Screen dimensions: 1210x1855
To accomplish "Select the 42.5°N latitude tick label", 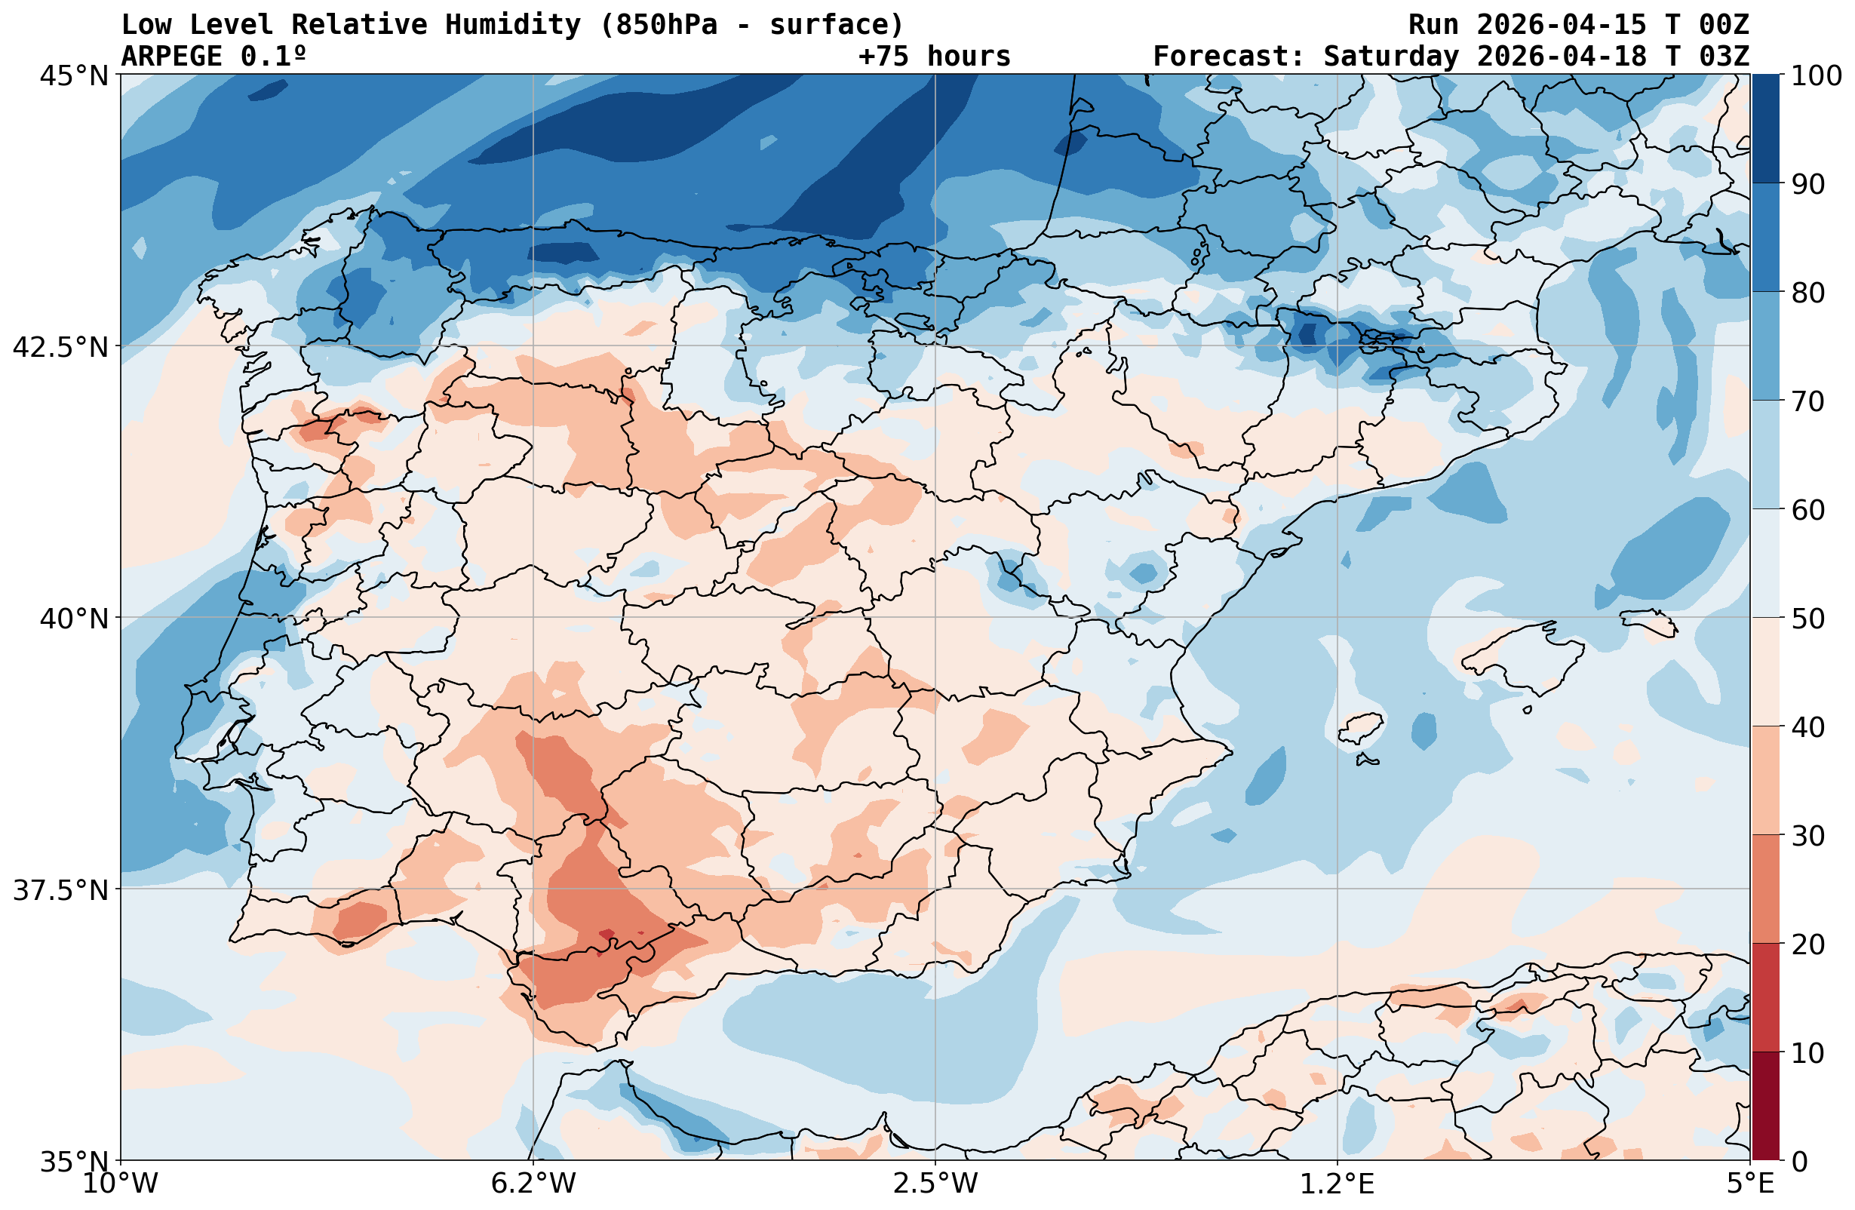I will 60,347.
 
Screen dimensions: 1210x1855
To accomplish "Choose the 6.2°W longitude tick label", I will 533,1184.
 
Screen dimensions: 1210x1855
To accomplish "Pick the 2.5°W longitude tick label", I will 935,1184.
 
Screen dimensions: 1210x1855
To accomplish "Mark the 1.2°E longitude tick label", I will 1338,1184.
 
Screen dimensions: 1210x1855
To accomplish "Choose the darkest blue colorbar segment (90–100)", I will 1765,129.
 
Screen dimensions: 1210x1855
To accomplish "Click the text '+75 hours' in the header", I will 935,56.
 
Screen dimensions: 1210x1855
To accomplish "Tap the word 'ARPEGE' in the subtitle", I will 171,56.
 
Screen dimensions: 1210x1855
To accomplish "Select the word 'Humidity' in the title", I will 513,25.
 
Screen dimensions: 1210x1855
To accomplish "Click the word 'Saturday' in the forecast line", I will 1391,56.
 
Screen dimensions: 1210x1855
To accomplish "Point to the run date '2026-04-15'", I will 1561,25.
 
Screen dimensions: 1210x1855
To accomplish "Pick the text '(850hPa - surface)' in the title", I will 751,25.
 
